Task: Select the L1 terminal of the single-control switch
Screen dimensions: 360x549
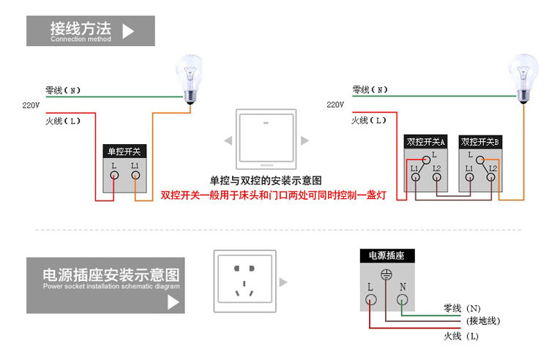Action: tap(136, 176)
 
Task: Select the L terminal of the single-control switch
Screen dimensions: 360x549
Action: tap(114, 176)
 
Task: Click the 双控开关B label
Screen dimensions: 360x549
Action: tap(480, 142)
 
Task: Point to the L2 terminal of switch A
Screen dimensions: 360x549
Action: tap(437, 179)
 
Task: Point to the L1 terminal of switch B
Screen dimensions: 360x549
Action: tap(469, 179)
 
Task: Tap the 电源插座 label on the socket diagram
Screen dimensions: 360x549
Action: tap(386, 255)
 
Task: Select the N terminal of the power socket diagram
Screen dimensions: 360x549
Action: tap(402, 298)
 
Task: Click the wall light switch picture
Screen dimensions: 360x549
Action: tap(268, 139)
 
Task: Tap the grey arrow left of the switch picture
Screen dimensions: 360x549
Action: tap(228, 140)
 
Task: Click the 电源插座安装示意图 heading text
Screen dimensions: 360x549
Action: tap(111, 276)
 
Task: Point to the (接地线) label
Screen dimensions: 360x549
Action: tap(483, 321)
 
